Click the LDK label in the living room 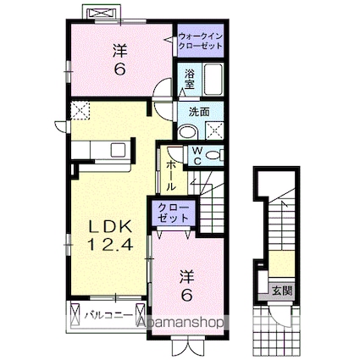coord(107,227)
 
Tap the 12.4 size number coord(107,246)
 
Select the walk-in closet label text coord(201,42)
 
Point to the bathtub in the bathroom coord(212,81)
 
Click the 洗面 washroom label coord(200,112)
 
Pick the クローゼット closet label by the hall coord(173,212)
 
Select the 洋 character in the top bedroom coord(121,51)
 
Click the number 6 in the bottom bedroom coord(188,294)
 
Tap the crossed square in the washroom coord(214,131)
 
